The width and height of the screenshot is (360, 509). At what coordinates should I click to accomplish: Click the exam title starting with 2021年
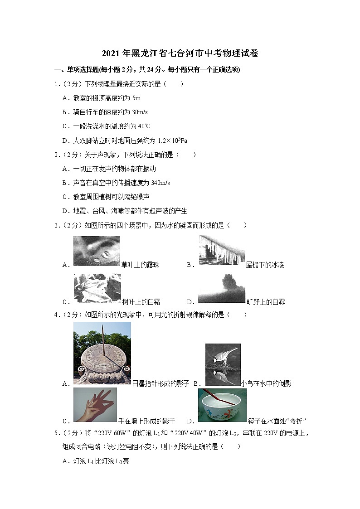pos(180,53)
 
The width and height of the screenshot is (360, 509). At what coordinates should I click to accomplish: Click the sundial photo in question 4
pos(102,353)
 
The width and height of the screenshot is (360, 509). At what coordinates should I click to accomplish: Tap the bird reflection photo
pos(222,364)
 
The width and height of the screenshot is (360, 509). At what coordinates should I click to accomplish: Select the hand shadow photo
pos(95,405)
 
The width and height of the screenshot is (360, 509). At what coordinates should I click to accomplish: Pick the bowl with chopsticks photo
pos(222,406)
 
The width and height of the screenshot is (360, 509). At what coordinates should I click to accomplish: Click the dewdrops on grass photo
pos(97,251)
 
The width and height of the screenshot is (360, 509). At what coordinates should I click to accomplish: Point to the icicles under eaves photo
pos(221,251)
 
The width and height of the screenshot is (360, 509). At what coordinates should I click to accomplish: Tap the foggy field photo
pos(221,288)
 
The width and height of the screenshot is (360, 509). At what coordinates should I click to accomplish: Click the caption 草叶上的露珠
pos(141,265)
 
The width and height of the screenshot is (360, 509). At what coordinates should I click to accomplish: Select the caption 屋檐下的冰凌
pos(265,265)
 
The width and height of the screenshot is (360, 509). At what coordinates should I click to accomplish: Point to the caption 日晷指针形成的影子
pos(160,383)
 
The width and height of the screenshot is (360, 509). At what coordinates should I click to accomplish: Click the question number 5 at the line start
pos(56,434)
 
